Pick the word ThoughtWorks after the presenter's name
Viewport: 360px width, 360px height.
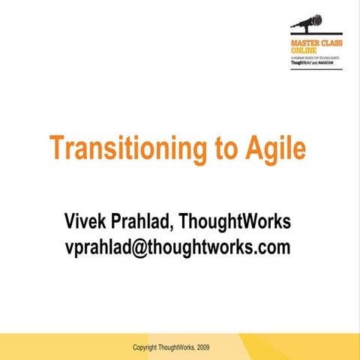click(x=241, y=222)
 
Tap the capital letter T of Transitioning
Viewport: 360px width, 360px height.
click(x=57, y=148)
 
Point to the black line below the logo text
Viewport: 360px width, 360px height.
click(x=316, y=69)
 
